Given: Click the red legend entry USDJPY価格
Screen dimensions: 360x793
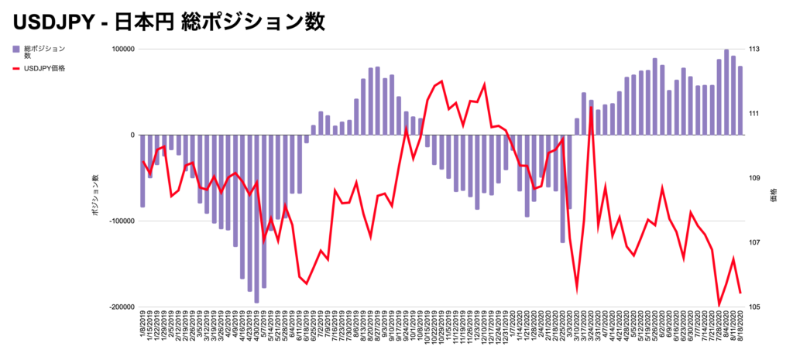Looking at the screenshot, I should [45, 68].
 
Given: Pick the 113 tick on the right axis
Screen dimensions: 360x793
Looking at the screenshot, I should [754, 50].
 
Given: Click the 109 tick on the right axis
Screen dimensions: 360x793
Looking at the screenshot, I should [754, 178].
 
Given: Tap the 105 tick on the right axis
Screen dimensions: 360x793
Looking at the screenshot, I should [754, 307].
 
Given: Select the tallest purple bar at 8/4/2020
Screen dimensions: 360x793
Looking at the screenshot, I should [726, 93].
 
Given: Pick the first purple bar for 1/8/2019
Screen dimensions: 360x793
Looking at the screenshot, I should [142, 170].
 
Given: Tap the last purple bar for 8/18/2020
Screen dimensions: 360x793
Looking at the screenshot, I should [740, 101].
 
